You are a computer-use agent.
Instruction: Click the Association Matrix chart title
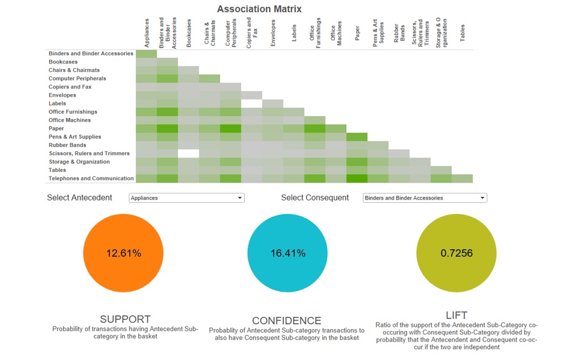point(259,9)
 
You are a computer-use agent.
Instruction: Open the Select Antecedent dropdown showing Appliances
point(186,198)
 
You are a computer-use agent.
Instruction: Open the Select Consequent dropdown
point(424,198)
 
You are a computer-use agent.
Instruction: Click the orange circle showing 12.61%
point(123,253)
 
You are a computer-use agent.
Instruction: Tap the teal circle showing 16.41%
point(287,253)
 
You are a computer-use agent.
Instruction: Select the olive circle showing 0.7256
point(456,253)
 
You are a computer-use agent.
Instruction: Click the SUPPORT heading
point(125,319)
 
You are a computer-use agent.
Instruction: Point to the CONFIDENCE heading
point(286,321)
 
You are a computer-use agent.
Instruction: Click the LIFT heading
point(457,316)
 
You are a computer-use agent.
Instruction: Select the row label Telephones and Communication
point(91,179)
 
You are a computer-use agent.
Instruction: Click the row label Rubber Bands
point(67,145)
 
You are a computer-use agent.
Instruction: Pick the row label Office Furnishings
point(73,112)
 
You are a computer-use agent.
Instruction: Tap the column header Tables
point(463,33)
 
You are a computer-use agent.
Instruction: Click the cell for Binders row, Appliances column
point(146,54)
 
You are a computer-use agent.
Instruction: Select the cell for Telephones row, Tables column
point(462,179)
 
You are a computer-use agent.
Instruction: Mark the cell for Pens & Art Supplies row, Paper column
point(357,137)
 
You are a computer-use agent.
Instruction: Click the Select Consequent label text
point(315,198)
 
